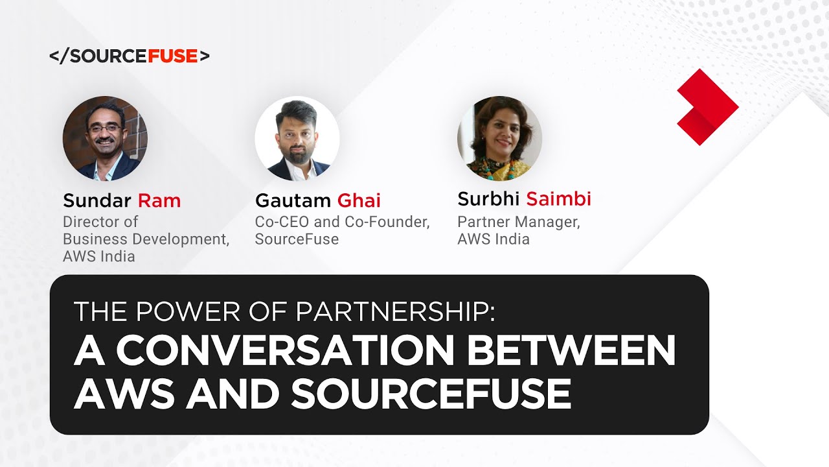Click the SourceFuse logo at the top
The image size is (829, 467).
(x=130, y=56)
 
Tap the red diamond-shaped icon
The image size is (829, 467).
(x=707, y=106)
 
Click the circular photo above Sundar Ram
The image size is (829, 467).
(x=105, y=138)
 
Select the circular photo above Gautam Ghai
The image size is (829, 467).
(x=297, y=138)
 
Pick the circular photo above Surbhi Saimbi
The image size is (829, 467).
(x=499, y=138)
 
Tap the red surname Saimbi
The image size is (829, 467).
(x=558, y=198)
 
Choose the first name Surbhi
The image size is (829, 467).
(x=488, y=198)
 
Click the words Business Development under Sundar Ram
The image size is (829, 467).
(x=146, y=239)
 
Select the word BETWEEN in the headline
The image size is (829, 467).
(x=571, y=351)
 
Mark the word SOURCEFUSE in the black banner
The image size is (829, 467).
(x=431, y=393)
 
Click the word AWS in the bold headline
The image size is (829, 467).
(x=124, y=393)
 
